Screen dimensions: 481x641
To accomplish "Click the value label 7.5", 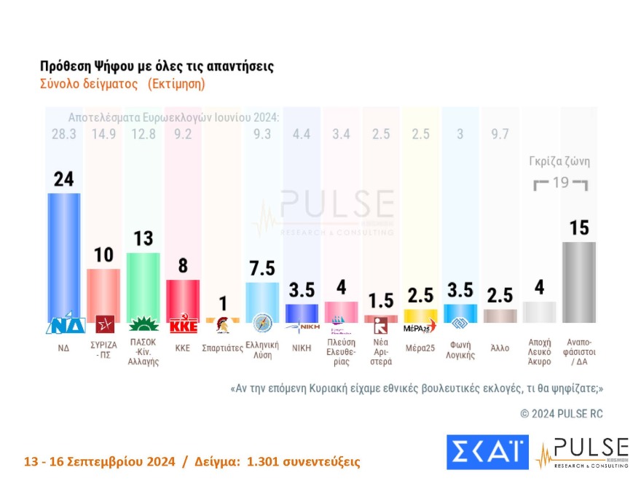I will coord(262,268).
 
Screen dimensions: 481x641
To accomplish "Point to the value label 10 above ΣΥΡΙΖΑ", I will coord(103,254).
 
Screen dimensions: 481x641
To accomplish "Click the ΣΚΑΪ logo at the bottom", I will coord(487,452).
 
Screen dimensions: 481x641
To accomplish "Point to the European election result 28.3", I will coord(64,133).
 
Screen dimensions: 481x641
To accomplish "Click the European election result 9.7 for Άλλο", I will coord(500,133).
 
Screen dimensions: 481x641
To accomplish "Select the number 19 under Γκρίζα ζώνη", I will coord(560,183).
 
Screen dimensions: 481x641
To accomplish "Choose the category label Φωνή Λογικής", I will coord(460,351).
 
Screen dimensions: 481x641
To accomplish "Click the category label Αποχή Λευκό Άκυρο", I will coord(539,355).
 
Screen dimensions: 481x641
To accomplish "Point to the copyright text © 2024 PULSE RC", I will coord(562,413).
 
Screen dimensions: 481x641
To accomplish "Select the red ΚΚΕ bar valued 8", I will coord(182,299).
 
